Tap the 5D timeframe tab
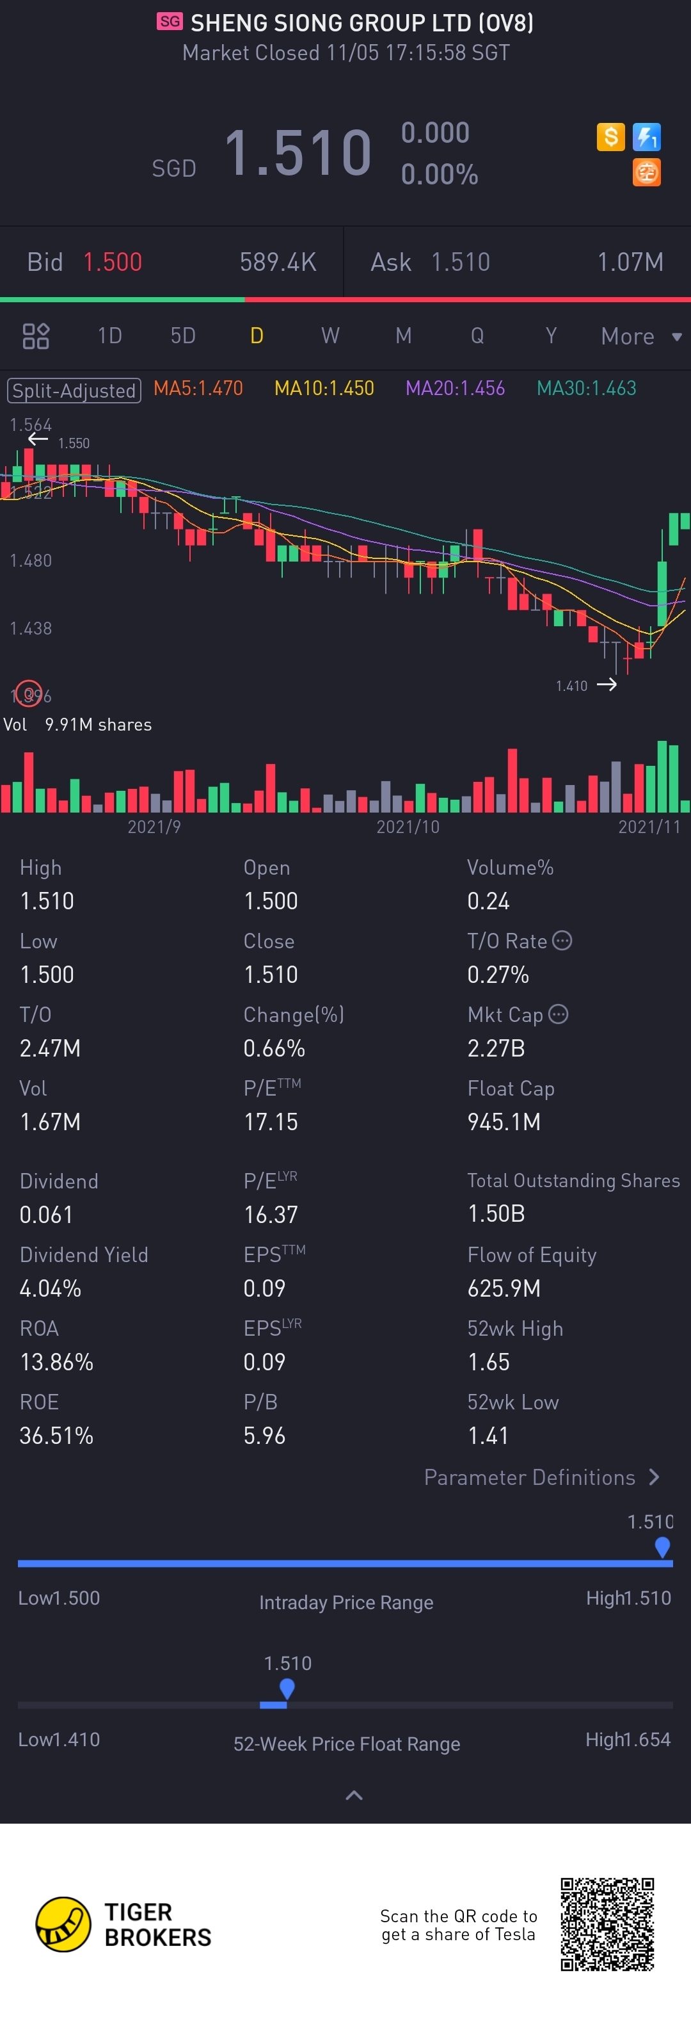(182, 336)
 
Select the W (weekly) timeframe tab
(330, 336)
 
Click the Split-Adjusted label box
(74, 390)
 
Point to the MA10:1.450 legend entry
(324, 389)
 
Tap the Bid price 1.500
(113, 262)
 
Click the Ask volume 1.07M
(630, 262)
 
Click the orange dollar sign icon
(610, 138)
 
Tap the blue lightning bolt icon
(646, 138)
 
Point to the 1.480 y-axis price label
(31, 561)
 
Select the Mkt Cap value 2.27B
(495, 1048)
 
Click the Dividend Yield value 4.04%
(51, 1288)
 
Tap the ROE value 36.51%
(56, 1436)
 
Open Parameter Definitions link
(541, 1477)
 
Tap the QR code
(607, 1924)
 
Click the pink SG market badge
(169, 21)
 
